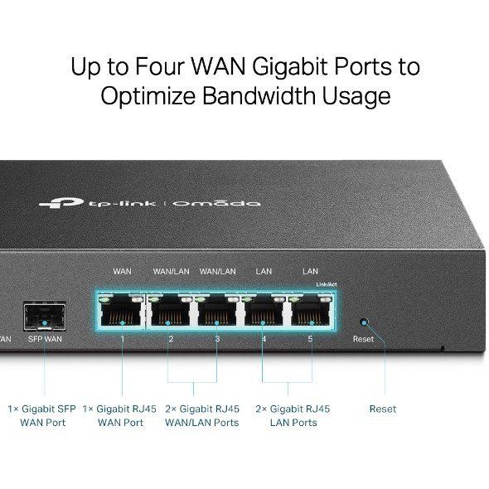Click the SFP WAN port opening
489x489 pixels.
45,317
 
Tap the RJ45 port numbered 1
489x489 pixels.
121,310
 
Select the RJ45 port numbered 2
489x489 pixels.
170,310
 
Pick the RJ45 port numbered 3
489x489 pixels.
217,310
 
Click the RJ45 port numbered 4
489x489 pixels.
264,310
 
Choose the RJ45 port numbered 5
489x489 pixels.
311,310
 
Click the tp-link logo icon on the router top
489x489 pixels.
61,203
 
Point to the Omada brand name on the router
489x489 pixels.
217,203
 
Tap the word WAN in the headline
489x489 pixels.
218,66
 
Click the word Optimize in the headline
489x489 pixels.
148,96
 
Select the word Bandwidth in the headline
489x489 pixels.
259,95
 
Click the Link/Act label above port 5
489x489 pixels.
327,284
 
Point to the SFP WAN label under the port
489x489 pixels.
45,339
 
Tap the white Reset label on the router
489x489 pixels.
363,339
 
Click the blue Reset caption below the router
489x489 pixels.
383,409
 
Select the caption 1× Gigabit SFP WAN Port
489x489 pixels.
42,416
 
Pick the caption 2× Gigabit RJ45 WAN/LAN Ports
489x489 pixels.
202,416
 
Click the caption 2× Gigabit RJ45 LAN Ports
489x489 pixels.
293,416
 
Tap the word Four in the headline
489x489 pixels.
159,66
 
